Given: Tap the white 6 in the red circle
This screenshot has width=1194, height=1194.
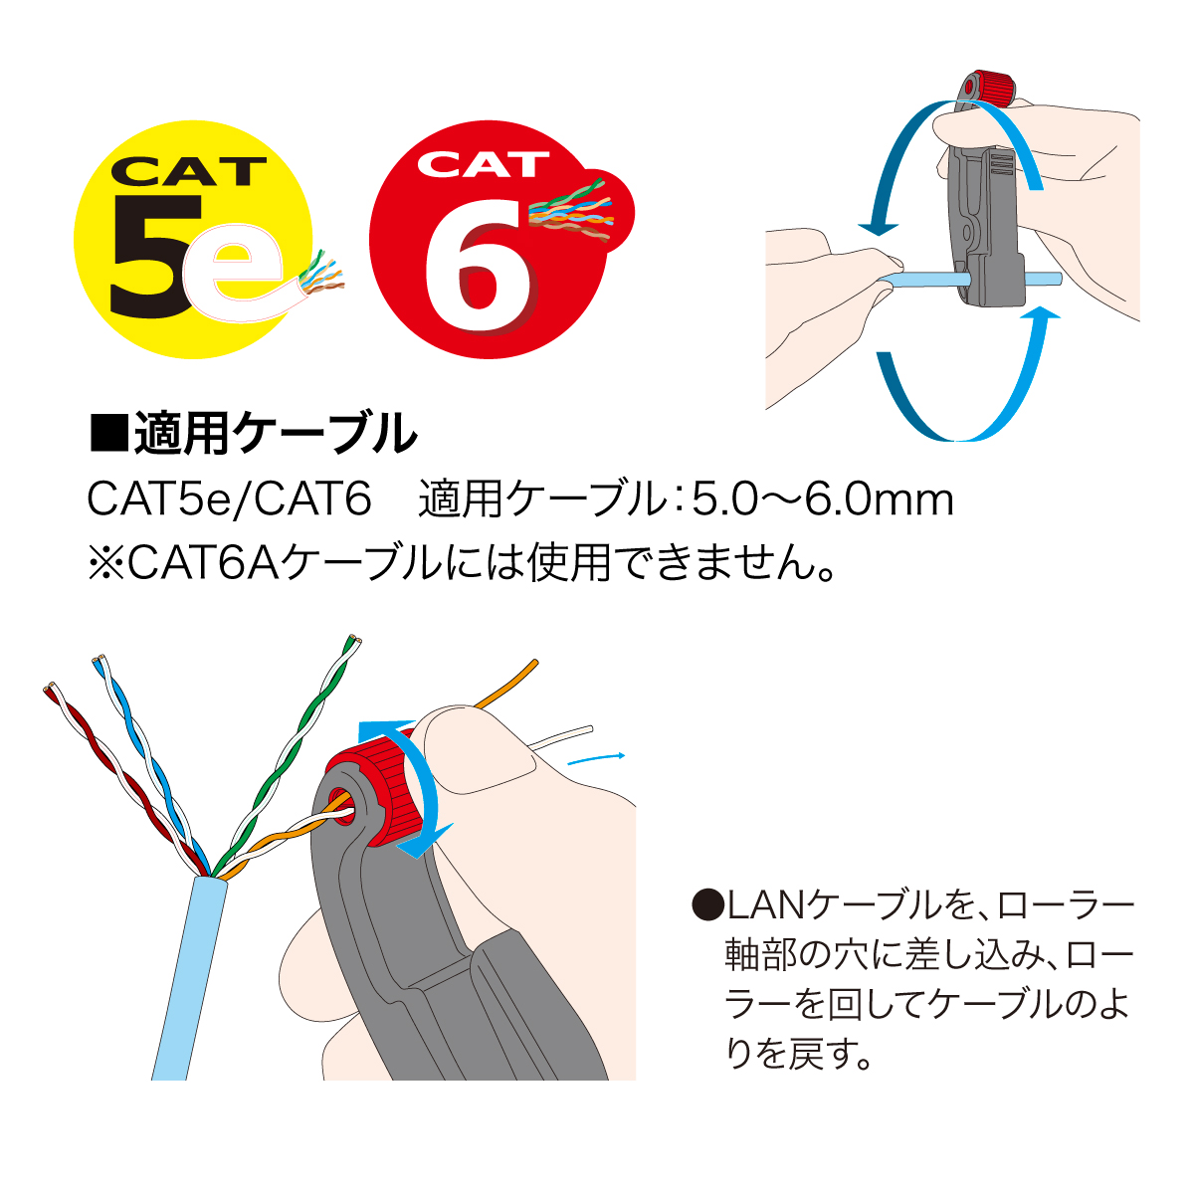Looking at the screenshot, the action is (x=479, y=267).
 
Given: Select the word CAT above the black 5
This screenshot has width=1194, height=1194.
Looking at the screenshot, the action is (x=188, y=171).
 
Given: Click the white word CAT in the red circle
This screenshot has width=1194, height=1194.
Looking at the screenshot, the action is (x=483, y=164).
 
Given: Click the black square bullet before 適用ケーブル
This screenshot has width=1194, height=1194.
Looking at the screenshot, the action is (x=108, y=432).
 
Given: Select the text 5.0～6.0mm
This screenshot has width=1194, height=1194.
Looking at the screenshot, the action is (x=822, y=500).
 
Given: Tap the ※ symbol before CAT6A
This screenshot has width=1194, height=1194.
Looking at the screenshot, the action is (x=106, y=564).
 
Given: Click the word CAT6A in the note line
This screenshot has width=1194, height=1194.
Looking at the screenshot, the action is (x=206, y=564).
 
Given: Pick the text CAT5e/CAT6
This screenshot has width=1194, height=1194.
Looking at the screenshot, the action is (x=229, y=500).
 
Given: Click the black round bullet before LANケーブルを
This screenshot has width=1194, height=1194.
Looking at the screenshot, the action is (x=708, y=905).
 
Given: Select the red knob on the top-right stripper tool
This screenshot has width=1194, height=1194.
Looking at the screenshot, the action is (x=989, y=91).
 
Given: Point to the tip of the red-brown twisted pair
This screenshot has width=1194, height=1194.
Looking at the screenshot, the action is (x=50, y=688).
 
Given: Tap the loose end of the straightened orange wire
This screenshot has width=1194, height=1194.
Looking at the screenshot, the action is (x=534, y=663).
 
